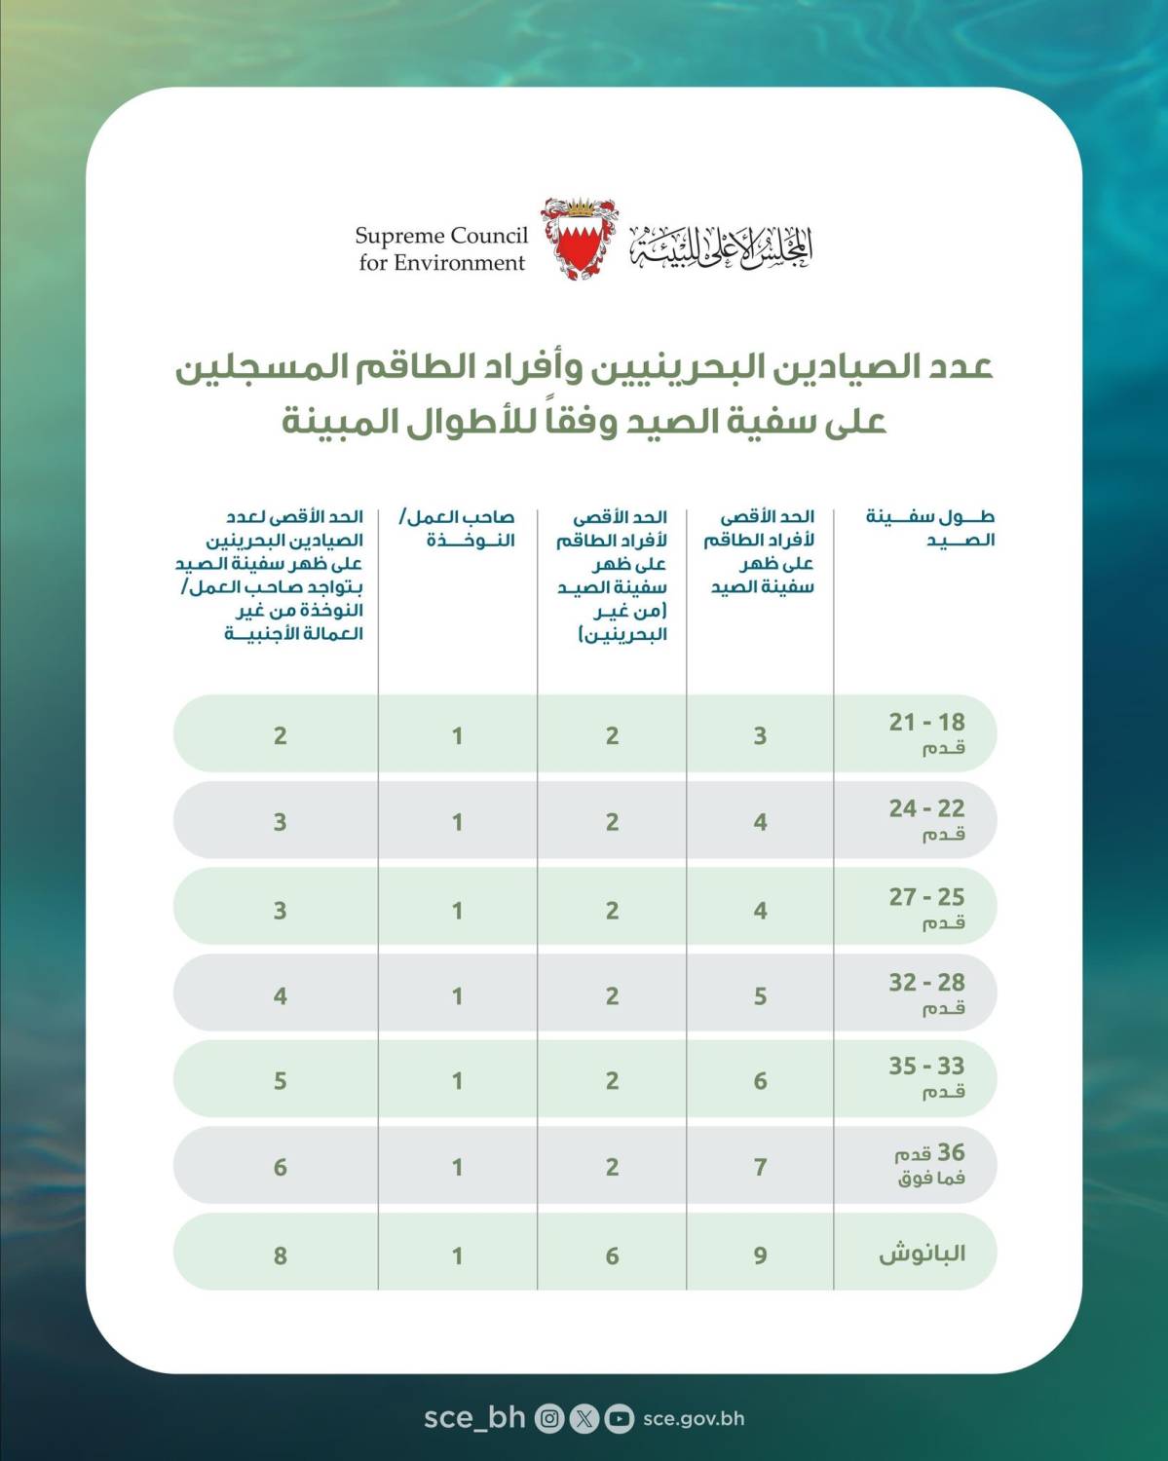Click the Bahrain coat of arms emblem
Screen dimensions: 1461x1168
(582, 240)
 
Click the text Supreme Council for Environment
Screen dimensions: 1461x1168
(441, 248)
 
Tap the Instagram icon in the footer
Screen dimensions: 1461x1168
(549, 1418)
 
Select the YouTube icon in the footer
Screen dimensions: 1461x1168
(618, 1418)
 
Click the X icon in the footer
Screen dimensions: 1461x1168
(584, 1418)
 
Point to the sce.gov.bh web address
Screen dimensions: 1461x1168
(694, 1418)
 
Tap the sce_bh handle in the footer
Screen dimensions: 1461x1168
(474, 1417)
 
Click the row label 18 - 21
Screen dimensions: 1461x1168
(926, 723)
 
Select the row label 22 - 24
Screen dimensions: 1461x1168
(926, 808)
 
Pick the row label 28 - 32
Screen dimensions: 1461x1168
(926, 983)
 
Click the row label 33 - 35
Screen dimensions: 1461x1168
(926, 1067)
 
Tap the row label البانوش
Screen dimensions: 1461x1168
(922, 1254)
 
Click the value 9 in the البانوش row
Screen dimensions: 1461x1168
(760, 1255)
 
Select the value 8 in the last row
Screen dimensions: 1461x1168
(280, 1255)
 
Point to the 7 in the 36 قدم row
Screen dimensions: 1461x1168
(760, 1167)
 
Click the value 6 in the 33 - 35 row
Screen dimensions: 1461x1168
(760, 1081)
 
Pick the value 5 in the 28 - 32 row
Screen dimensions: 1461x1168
(760, 996)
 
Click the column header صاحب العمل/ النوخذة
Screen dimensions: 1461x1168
(457, 529)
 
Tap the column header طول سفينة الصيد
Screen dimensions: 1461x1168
(929, 529)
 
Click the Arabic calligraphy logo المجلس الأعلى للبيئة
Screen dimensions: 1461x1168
(720, 246)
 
